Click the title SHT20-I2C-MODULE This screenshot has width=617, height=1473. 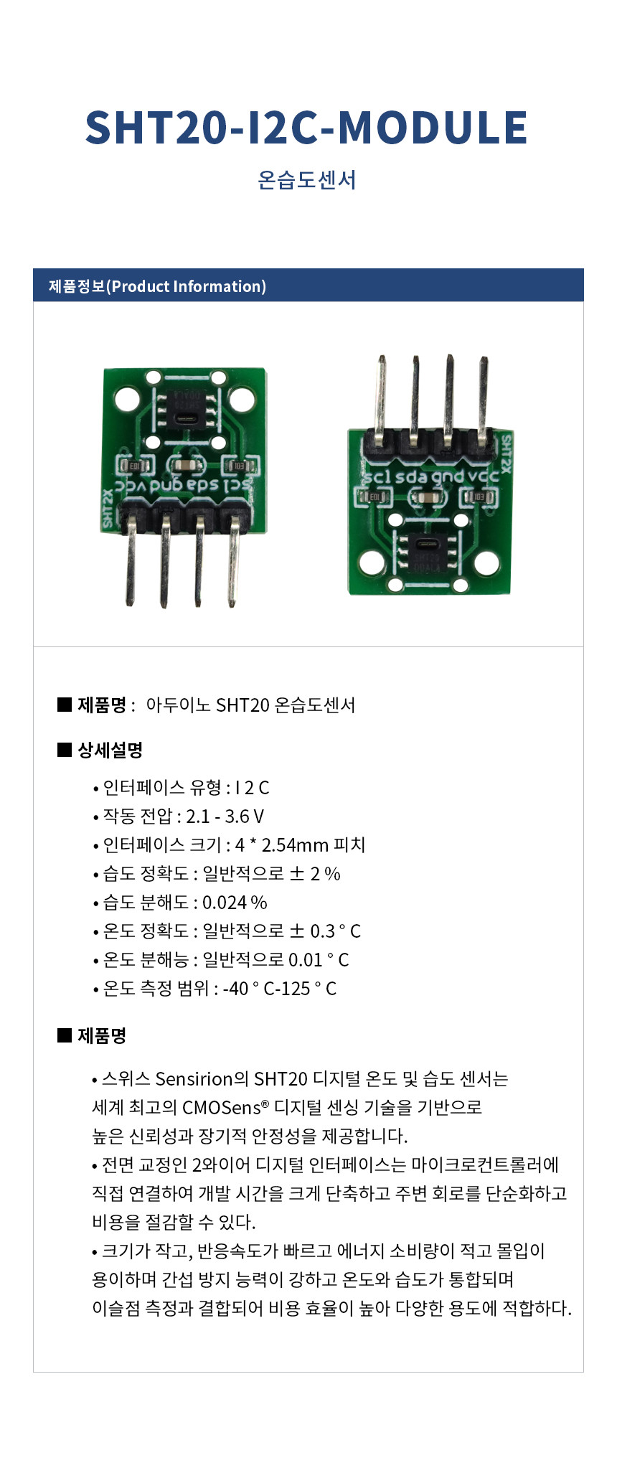tap(306, 128)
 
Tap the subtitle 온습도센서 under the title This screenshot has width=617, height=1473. tap(307, 179)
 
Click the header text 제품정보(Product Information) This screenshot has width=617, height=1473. tap(157, 286)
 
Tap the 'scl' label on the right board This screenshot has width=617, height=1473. tap(377, 476)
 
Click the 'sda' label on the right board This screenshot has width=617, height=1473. tap(411, 476)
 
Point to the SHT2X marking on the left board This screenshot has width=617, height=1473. tap(108, 508)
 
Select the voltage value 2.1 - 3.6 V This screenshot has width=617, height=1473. tap(225, 816)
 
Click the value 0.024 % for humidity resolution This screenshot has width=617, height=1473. tap(235, 903)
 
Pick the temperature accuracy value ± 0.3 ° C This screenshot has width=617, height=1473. tap(325, 931)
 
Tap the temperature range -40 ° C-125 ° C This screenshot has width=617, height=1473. tap(280, 989)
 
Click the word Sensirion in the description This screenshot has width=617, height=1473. tap(194, 1079)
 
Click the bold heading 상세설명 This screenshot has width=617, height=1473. tap(110, 750)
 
